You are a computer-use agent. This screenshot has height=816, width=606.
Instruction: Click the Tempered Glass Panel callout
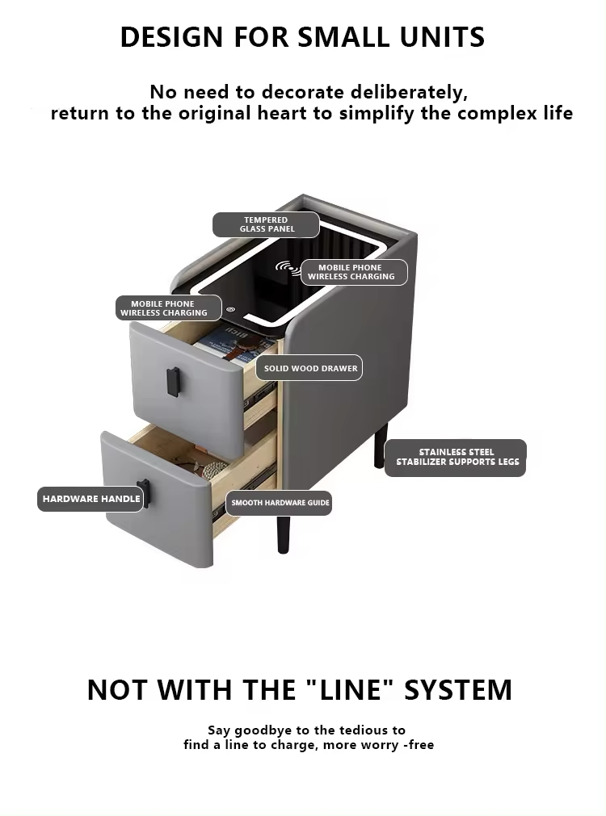point(266,224)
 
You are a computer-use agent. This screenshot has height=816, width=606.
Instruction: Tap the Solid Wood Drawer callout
point(309,368)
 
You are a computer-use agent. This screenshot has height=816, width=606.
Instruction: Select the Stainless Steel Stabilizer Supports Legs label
point(456,458)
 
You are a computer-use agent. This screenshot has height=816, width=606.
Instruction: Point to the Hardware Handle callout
point(90,499)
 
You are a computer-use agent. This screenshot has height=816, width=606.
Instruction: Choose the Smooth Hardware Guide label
point(279,503)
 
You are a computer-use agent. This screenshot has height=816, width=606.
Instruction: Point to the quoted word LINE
point(348,689)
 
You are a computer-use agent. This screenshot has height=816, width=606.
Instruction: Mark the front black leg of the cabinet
point(284,534)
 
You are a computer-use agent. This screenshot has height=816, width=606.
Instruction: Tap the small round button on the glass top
point(231,310)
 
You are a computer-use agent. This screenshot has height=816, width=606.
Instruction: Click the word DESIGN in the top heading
point(172,37)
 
